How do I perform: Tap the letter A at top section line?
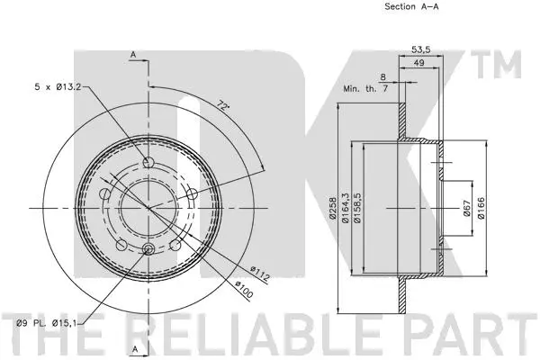coord(133,55)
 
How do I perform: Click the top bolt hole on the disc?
coord(149,163)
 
